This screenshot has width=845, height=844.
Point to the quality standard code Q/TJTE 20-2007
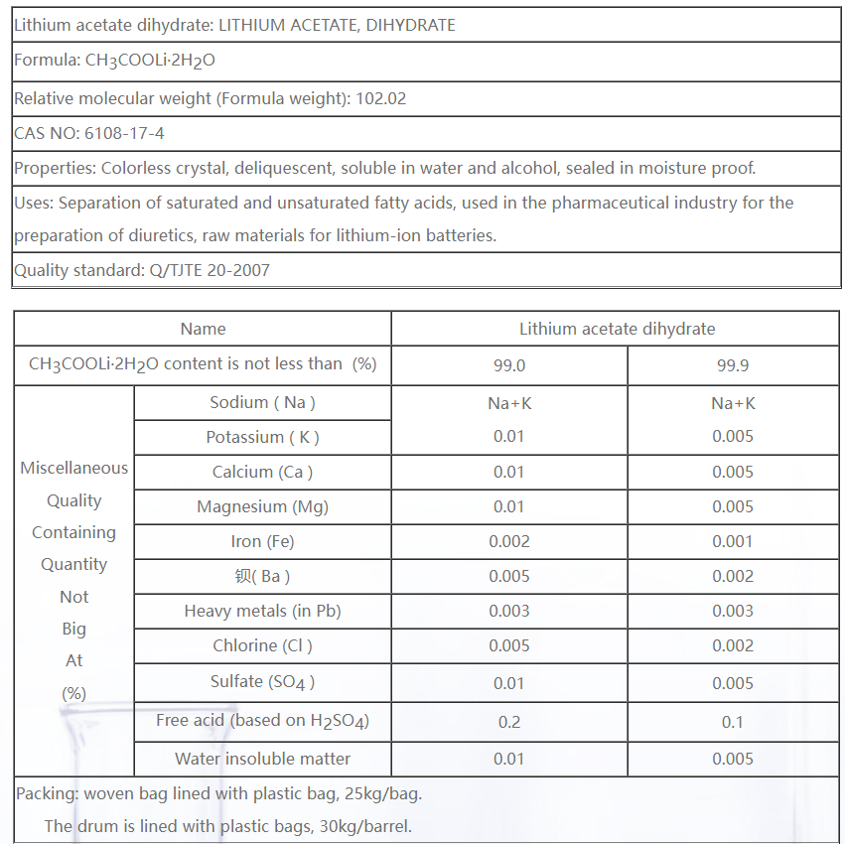point(207,270)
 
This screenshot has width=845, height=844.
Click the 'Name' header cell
point(203,329)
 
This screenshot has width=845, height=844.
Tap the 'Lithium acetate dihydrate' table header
point(617,329)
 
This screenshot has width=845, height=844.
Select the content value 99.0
point(509,365)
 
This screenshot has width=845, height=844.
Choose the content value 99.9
point(733,365)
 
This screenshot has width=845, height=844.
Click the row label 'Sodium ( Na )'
point(262,402)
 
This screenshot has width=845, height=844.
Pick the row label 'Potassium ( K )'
point(262,437)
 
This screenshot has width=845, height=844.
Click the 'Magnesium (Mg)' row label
point(262,506)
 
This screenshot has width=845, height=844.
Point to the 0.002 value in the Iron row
point(509,541)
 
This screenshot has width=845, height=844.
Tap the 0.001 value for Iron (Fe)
point(733,541)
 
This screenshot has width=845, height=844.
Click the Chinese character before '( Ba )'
point(243,576)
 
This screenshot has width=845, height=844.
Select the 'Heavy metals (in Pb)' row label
point(262,611)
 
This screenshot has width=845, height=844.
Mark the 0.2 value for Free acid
point(509,722)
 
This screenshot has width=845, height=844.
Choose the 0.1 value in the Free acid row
point(733,722)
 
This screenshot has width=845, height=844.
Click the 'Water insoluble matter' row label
point(262,759)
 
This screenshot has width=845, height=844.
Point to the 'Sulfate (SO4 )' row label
point(262,682)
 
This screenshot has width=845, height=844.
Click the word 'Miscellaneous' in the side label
point(74,468)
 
